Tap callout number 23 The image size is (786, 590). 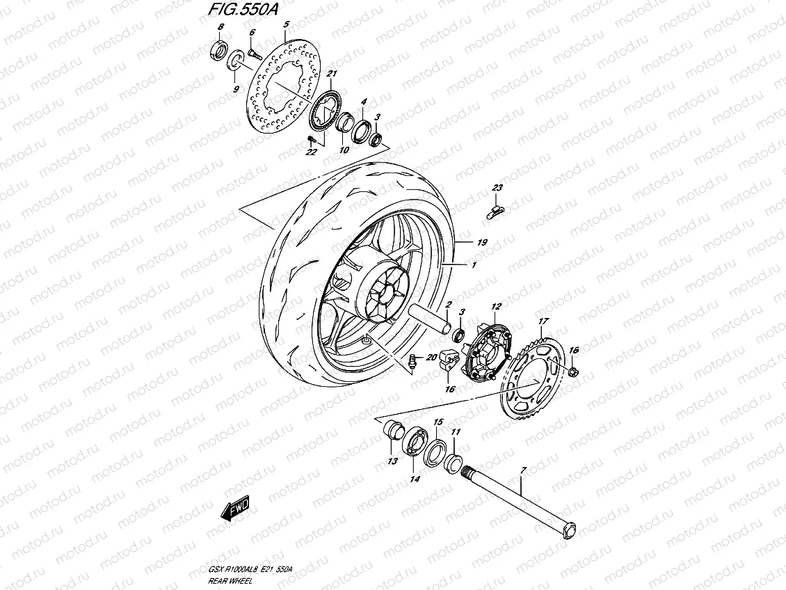[x=497, y=189]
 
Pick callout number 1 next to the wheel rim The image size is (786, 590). [x=474, y=266]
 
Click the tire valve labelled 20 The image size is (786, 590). [x=412, y=360]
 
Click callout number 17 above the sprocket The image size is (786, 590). [x=543, y=321]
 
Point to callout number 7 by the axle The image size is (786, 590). [x=523, y=472]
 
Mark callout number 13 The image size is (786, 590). [x=392, y=461]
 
